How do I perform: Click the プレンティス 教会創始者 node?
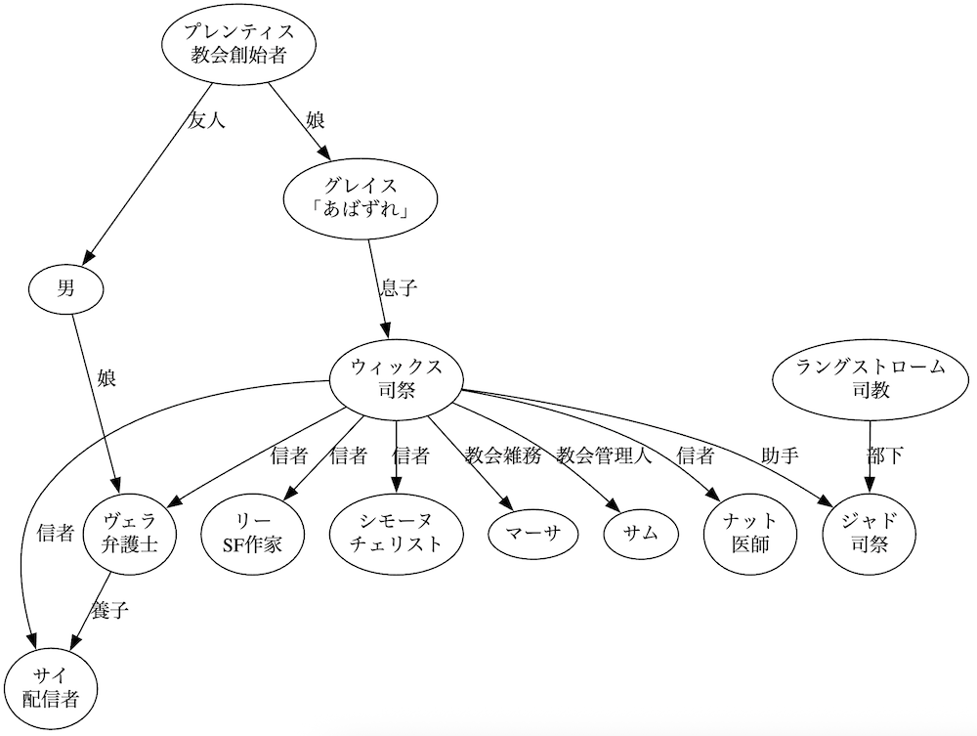(240, 45)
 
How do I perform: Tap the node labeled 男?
(66, 287)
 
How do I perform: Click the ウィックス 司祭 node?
(396, 381)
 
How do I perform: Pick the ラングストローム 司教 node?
(871, 381)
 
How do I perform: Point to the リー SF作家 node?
(252, 533)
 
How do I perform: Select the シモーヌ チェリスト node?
(396, 533)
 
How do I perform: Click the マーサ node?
(531, 533)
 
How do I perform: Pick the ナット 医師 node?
(750, 533)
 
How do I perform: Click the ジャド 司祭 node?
(871, 533)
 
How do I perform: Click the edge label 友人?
(205, 122)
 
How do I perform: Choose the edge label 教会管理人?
(604, 455)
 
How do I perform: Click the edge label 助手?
(780, 455)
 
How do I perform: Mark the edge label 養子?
(109, 612)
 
